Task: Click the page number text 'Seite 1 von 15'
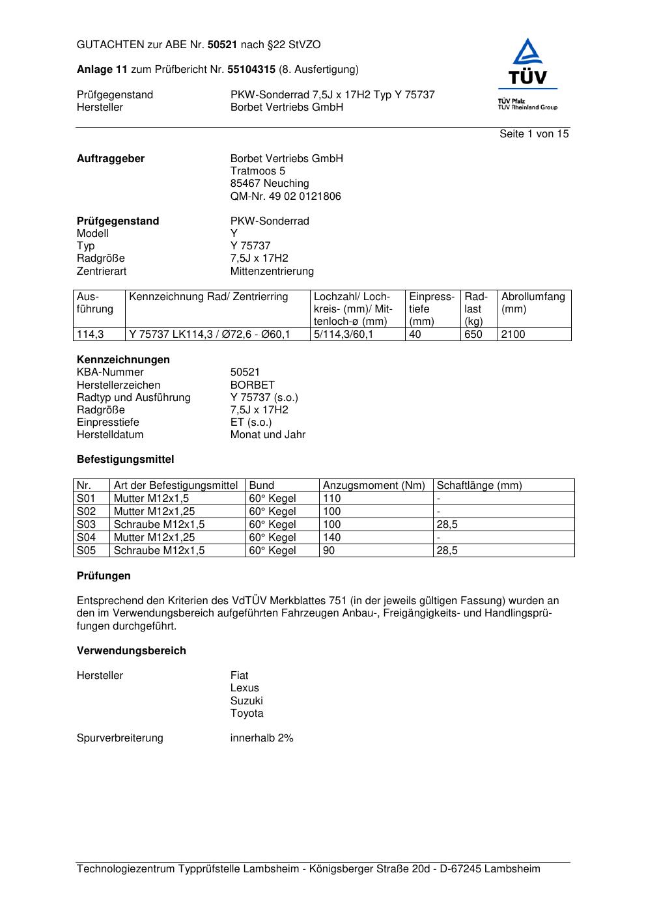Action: pos(534,134)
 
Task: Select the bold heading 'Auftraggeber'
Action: pos(111,159)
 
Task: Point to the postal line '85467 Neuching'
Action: pos(270,184)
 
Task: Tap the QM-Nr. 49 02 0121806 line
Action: pos(285,197)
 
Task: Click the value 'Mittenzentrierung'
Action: pos(272,271)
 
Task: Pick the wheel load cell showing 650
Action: pos(473,335)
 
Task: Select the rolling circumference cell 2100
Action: pos(513,335)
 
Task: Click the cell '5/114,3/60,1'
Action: pos(344,335)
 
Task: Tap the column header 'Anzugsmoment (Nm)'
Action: pos(374,486)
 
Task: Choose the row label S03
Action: pos(86,525)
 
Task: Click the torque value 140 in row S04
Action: pos(332,538)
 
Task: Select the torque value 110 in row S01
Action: pos(332,499)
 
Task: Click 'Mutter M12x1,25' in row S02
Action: pos(154,512)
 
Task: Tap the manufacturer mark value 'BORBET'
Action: pos(253,385)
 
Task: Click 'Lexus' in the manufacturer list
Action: pos(244,688)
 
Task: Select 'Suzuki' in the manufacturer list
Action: pos(246,701)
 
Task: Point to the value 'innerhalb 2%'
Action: pos(262,738)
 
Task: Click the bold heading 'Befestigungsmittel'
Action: pos(126,460)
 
